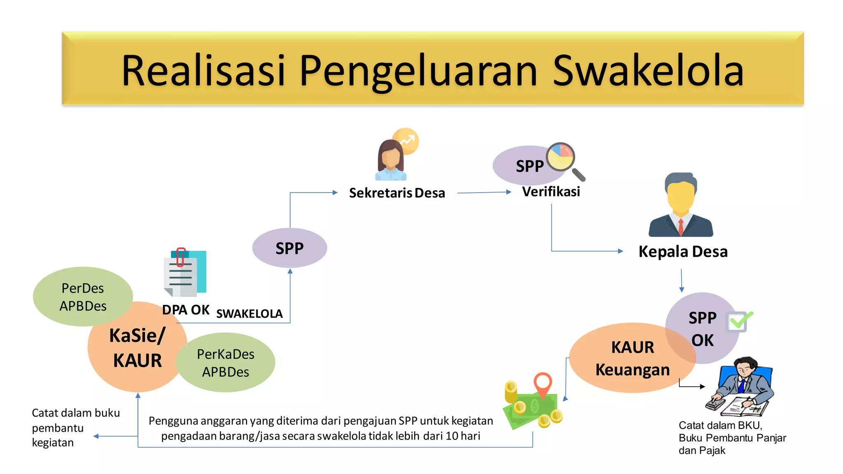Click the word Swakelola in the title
(648, 71)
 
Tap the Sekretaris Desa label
(397, 193)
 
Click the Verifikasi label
(551, 192)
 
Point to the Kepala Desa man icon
(681, 206)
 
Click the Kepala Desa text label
(683, 251)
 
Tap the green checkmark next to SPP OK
(739, 321)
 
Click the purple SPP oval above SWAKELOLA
(289, 248)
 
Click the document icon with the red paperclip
(185, 273)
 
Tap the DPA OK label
(186, 310)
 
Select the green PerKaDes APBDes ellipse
(226, 362)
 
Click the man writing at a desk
(741, 387)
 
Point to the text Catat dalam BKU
(720, 425)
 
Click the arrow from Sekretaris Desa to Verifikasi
(484, 192)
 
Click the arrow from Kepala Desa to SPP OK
(682, 281)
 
